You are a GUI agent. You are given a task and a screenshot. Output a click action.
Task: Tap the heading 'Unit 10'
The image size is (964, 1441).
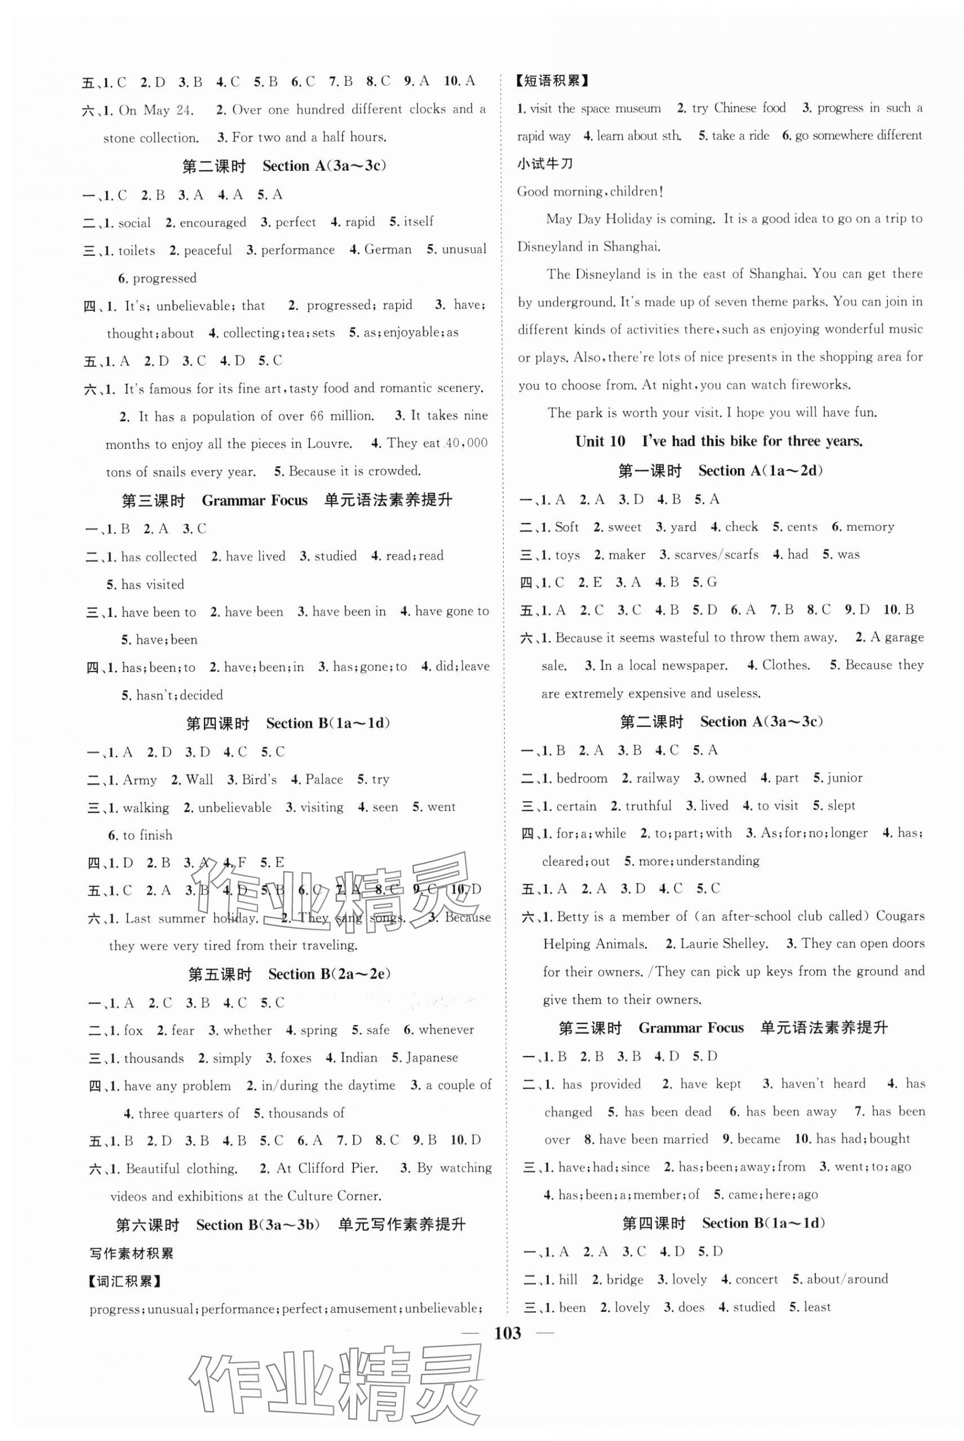coord(600,441)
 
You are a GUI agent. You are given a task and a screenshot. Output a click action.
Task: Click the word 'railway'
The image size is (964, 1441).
coord(658,779)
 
